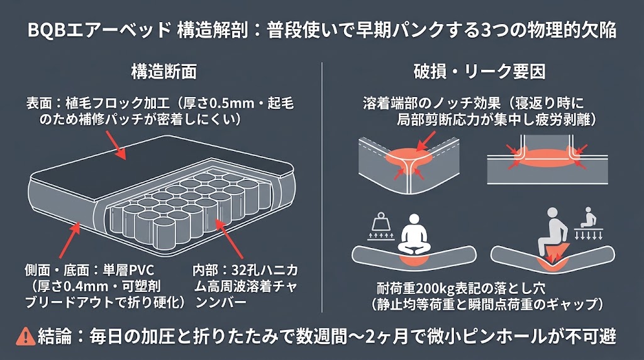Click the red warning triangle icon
25,336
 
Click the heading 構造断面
164,71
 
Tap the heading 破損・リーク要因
479,72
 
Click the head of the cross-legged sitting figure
414,220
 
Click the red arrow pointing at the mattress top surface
116,145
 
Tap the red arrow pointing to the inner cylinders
228,239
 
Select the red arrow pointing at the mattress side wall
70,240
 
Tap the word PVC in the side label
141,271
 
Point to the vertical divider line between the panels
322,188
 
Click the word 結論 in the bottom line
55,336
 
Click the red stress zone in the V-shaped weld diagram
409,158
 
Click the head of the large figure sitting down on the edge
553,213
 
